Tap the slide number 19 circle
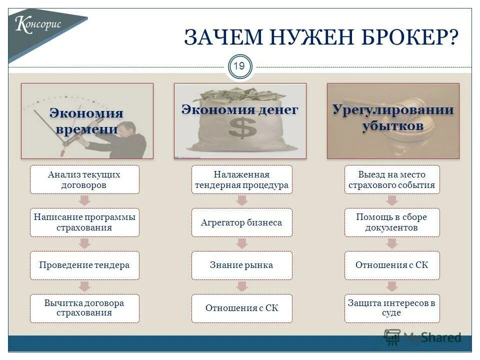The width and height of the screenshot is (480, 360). pos(240,67)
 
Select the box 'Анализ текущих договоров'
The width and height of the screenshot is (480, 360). pos(84,179)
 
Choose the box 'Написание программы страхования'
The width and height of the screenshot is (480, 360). pos(84,222)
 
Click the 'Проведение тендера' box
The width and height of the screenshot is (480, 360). pos(84,265)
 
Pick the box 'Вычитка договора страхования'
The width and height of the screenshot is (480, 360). pos(84,308)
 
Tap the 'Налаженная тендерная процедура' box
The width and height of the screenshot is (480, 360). pos(241,179)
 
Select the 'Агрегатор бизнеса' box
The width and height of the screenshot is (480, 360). pos(241,222)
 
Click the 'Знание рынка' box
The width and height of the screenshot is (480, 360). pos(241,265)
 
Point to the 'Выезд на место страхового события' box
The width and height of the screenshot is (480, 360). pos(392,179)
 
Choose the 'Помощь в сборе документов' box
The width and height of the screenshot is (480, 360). pos(392,222)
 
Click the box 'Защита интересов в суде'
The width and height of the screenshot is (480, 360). pos(392,308)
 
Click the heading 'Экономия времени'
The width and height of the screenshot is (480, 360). pos(86,121)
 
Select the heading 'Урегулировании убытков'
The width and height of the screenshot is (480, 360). pos(393,117)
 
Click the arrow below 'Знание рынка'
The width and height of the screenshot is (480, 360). pos(242,286)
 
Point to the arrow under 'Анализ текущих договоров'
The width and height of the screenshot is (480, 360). pos(84,200)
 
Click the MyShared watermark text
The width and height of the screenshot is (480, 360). pos(432,337)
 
